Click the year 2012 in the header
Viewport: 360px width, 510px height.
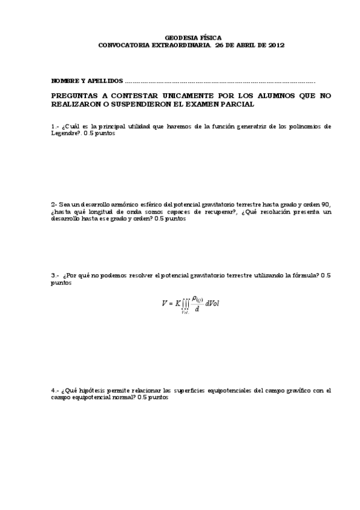(276, 45)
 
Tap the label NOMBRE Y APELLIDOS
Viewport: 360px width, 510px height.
(87, 81)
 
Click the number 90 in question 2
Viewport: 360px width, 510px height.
(326, 204)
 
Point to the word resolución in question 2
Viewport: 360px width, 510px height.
(279, 212)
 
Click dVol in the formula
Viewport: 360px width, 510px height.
(212, 304)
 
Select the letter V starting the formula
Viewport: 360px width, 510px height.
(163, 304)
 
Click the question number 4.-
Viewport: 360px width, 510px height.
(55, 390)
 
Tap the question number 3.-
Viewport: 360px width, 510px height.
(55, 275)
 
